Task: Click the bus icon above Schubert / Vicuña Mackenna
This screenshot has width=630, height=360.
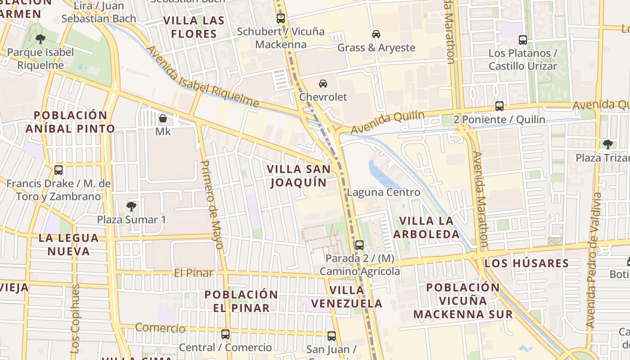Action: (x=281, y=18)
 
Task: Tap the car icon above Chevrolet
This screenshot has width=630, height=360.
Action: (x=323, y=84)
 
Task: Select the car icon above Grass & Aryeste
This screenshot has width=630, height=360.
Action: (x=376, y=34)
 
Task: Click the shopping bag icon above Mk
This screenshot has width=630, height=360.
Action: (x=163, y=119)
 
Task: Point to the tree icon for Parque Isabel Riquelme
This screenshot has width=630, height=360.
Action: (x=40, y=39)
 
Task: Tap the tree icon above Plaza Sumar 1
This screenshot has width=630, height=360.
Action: (x=131, y=207)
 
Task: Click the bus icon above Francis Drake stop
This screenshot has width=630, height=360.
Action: (x=58, y=170)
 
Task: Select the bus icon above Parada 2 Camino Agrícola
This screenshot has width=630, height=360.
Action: (x=359, y=245)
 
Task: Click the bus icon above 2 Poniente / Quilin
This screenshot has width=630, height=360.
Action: (x=499, y=106)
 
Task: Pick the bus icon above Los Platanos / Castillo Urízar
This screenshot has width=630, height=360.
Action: (x=523, y=40)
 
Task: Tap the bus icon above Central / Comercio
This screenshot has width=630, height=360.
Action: (x=225, y=334)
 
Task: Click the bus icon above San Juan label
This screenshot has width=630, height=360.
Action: (x=332, y=336)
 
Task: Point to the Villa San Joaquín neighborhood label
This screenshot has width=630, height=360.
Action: (x=299, y=175)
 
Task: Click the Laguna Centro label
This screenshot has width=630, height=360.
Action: (x=383, y=193)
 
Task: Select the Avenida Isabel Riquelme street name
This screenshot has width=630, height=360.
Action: (x=202, y=77)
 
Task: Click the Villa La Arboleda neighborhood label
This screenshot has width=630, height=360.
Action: (x=426, y=227)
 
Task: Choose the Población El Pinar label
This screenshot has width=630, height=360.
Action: (x=241, y=301)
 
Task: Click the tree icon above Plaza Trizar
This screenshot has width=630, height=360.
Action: (x=608, y=144)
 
